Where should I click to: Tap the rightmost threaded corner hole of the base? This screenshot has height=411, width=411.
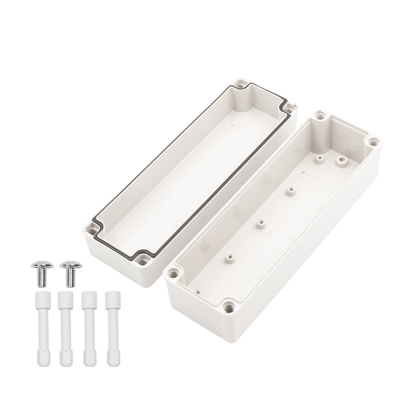click(373, 140)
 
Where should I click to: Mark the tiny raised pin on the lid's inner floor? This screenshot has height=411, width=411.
click(234, 125)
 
